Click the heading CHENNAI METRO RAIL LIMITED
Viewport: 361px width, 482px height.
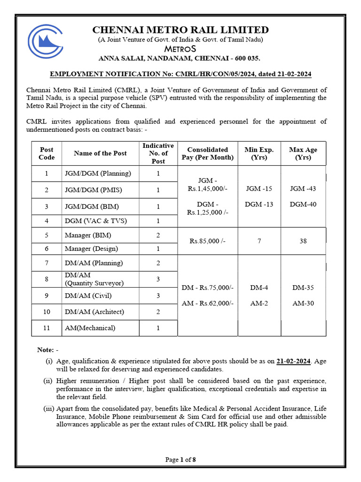(180, 30)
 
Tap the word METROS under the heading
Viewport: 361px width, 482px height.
(180, 49)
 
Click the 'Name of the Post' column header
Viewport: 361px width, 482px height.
(100, 153)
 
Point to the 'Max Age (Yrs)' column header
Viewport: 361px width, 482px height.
(303, 153)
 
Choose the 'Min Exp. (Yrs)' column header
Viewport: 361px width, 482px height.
(259, 153)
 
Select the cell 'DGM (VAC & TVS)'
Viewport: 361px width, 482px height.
(96, 221)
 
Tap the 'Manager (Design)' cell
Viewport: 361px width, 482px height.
(91, 249)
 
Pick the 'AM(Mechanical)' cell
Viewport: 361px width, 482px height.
(90, 328)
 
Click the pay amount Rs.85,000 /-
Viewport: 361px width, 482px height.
(207, 241)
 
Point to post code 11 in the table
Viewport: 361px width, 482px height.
(47, 328)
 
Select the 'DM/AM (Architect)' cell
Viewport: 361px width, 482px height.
(94, 312)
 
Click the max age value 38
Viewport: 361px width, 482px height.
(303, 241)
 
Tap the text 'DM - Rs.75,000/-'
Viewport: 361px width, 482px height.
(207, 288)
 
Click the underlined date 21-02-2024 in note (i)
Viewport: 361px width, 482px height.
(293, 361)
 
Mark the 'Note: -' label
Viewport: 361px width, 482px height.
(47, 350)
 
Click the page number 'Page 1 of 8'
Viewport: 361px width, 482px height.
(180, 460)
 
